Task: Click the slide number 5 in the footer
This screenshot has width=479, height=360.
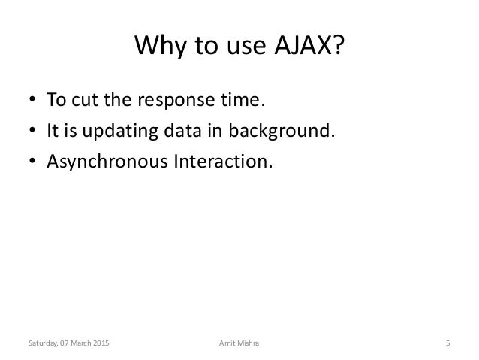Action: (447, 343)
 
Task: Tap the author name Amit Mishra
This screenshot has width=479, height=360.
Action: (235, 343)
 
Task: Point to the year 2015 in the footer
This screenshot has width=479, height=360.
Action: (99, 343)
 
